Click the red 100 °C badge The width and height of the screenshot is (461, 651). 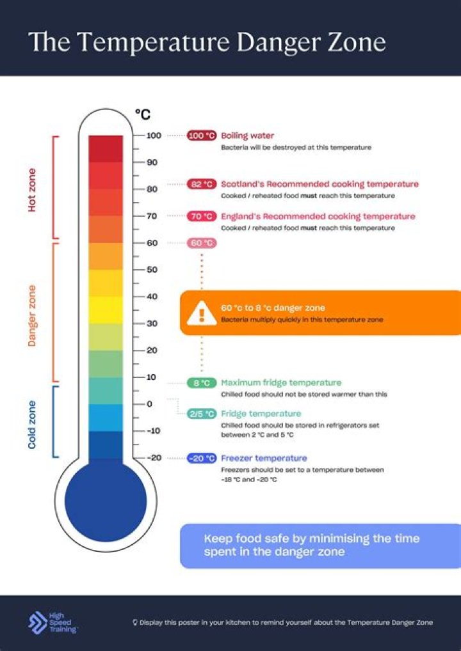tap(202, 136)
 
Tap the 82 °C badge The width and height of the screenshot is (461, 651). tap(202, 184)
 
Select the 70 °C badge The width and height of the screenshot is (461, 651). tap(202, 216)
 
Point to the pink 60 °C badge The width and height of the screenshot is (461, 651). tap(202, 243)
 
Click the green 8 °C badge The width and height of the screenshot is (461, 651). tap(202, 383)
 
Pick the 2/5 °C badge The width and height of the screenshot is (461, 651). tap(202, 414)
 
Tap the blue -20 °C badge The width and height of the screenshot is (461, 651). tap(202, 459)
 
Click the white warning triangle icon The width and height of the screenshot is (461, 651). tap(202, 313)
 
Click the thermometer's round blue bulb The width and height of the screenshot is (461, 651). tap(106, 501)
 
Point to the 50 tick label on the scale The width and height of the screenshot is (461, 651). tap(152, 270)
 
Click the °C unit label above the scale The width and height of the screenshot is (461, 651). tap(143, 115)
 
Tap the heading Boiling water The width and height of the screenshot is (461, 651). tap(247, 136)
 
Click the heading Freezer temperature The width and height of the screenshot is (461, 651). tap(264, 459)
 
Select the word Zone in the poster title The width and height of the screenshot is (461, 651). tap(355, 42)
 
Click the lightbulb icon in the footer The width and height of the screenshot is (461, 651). tap(135, 622)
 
